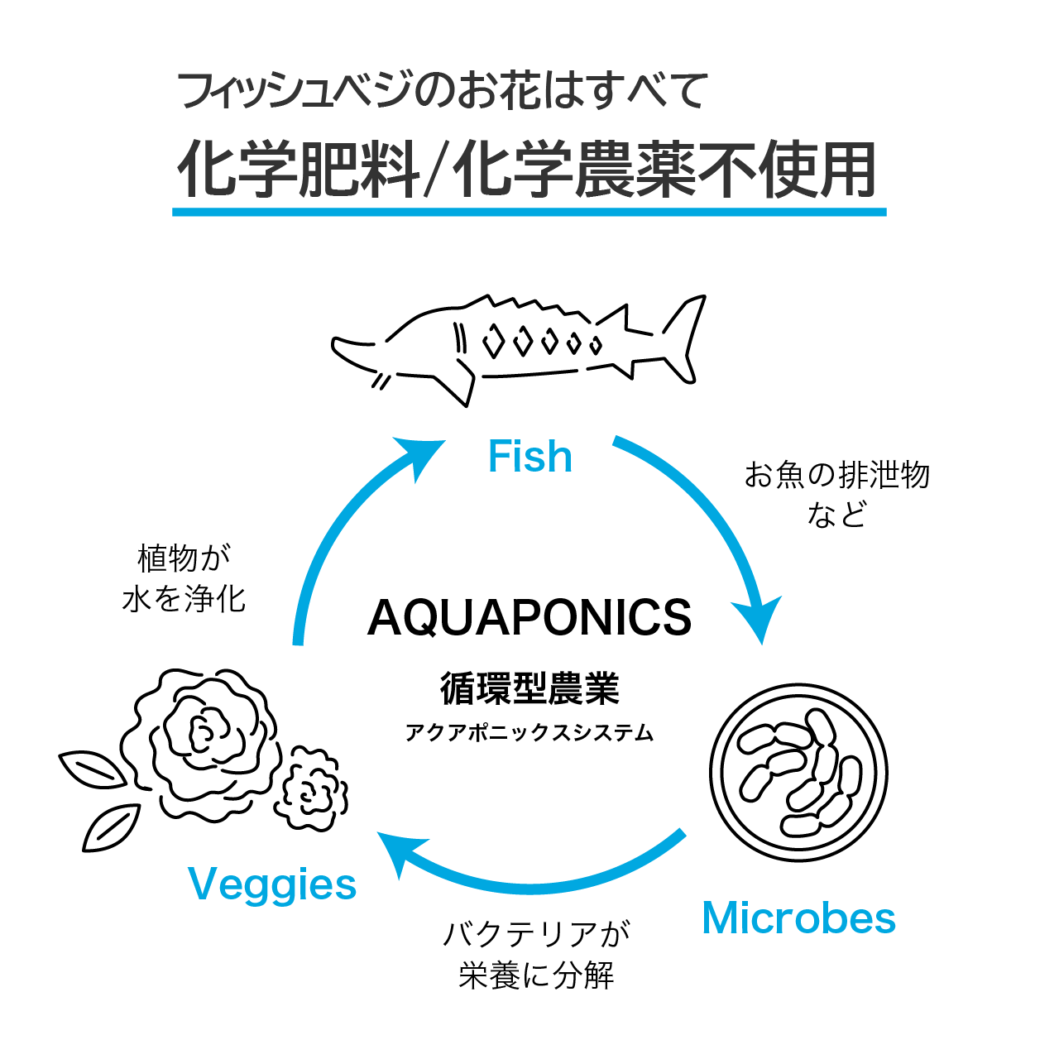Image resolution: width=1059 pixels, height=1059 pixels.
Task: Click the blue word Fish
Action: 529,457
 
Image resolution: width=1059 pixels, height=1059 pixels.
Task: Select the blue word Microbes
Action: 798,918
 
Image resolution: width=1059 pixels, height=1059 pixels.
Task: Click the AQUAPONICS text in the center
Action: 529,618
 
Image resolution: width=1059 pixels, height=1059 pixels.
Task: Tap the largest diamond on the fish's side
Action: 493,341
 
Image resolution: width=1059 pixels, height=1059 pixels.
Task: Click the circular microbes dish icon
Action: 798,772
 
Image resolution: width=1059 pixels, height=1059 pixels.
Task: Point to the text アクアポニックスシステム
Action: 529,733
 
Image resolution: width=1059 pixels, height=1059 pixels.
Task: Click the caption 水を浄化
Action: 184,598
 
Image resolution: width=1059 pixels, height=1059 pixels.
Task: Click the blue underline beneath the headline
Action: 529,212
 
